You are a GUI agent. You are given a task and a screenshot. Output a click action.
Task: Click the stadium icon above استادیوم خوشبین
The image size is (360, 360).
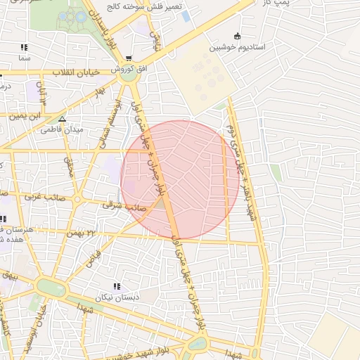pyautogui.click(x=237, y=37)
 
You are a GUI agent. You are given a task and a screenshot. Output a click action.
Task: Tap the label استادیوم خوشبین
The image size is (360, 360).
pyautogui.click(x=238, y=48)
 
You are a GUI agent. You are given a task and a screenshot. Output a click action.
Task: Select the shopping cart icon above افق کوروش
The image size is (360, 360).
pyautogui.click(x=128, y=58)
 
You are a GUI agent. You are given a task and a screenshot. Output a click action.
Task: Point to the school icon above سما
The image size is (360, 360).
pyautogui.click(x=24, y=48)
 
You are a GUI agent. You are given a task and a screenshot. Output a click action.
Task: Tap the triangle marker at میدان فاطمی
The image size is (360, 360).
pyautogui.click(x=62, y=119)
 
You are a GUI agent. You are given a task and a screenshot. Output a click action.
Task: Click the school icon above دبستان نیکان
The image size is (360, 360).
pyautogui.click(x=117, y=286)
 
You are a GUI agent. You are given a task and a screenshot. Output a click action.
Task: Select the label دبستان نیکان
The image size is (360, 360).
pyautogui.click(x=119, y=297)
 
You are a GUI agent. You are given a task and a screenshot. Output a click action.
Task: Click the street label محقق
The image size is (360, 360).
pyautogui.click(x=70, y=167)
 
